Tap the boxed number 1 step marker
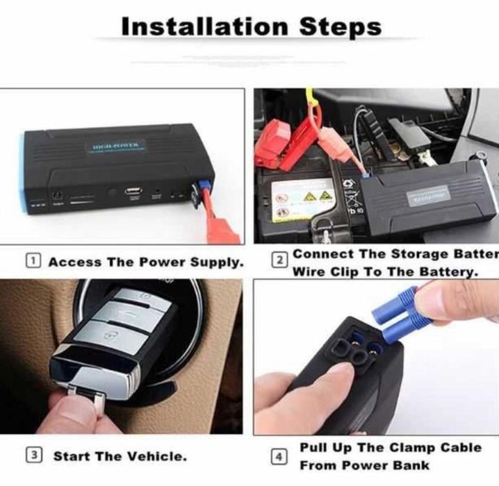click(33, 262)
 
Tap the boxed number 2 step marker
click(279, 261)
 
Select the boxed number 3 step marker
click(33, 455)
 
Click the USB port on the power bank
click(133, 190)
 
